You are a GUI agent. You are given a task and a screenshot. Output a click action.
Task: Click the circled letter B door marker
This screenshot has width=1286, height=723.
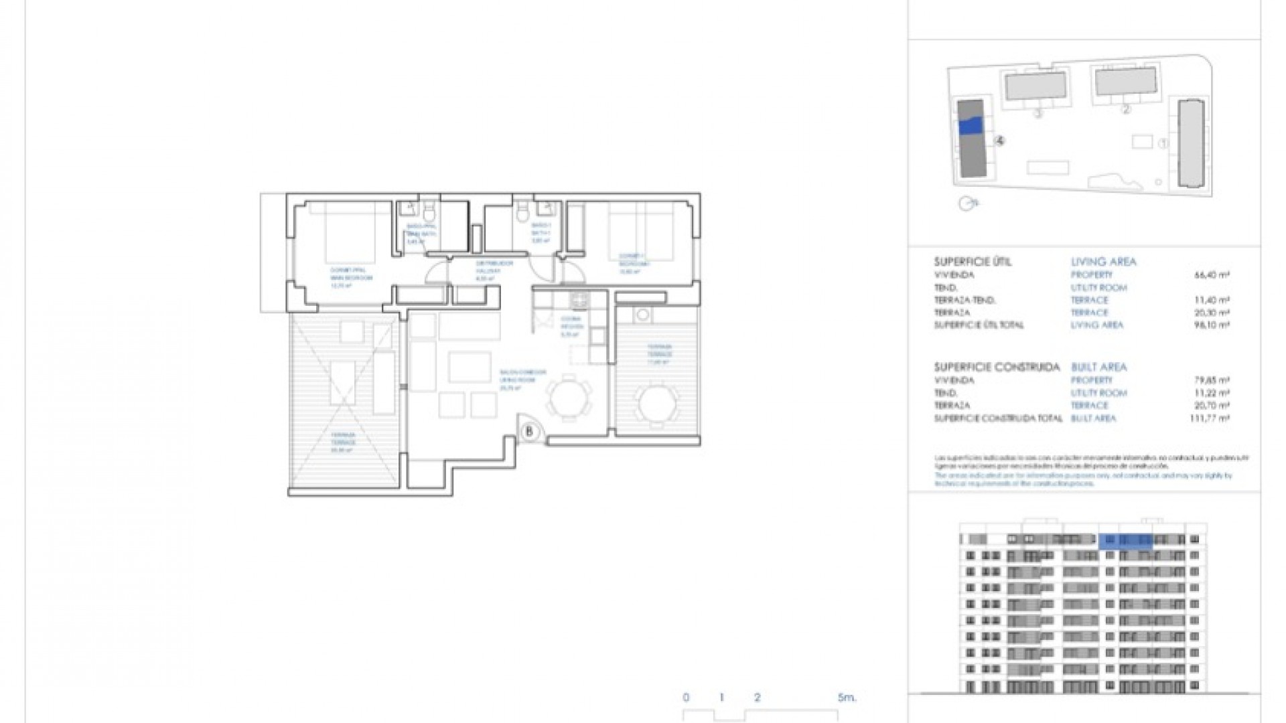[529, 432]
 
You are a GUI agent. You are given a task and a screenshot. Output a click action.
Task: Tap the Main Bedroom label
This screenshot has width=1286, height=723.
[351, 274]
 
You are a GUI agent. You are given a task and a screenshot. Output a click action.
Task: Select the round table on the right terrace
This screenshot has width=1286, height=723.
[658, 403]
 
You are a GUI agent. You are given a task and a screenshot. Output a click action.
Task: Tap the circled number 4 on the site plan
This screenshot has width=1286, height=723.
[1000, 141]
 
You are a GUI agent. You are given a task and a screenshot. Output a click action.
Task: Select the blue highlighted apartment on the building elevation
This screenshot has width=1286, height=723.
[1126, 541]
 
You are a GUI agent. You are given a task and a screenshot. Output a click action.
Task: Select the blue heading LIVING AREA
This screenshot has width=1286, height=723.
[1103, 262]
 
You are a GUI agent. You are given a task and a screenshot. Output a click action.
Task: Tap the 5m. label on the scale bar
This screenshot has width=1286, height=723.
[847, 698]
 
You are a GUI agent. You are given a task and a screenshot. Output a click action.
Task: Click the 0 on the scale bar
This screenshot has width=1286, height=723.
[686, 698]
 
